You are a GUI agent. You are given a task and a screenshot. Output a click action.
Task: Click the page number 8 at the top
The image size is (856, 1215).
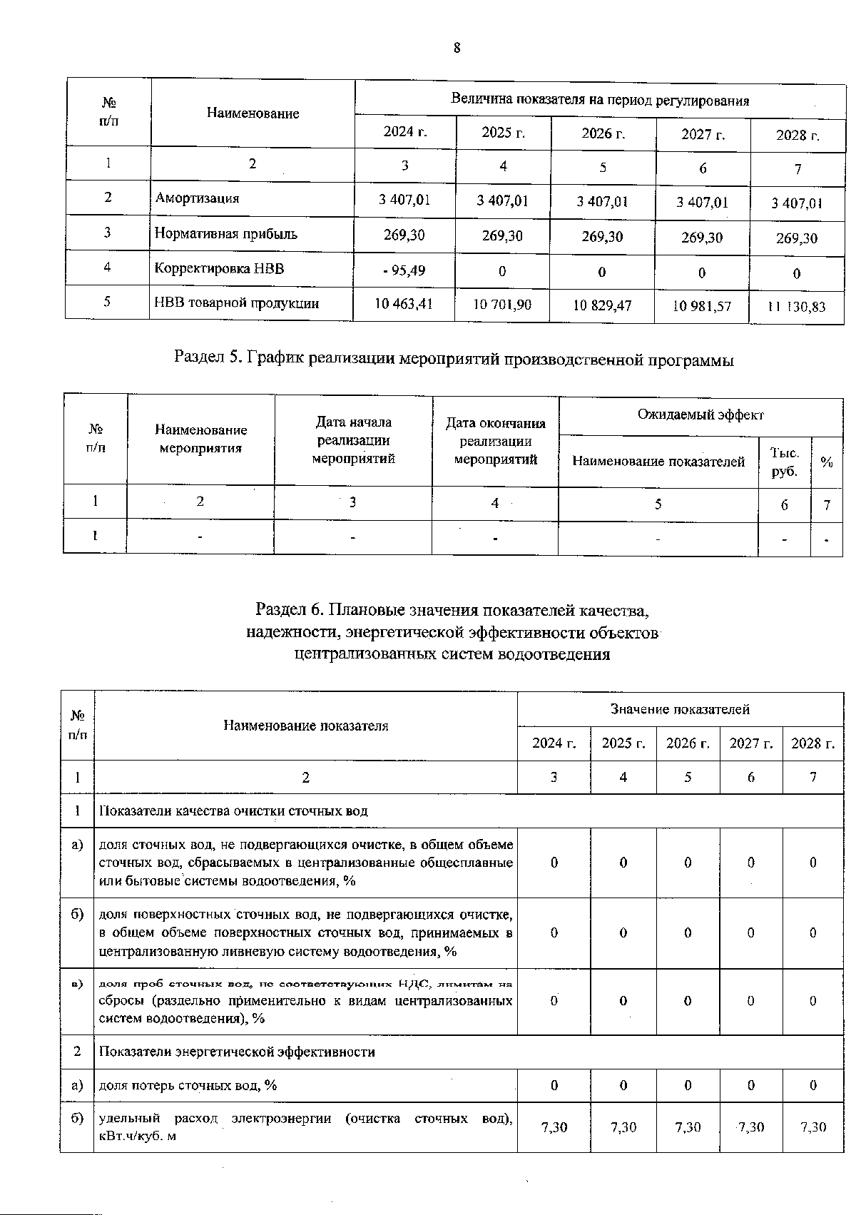tap(457, 49)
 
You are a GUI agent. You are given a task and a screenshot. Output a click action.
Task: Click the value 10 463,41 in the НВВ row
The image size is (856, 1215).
tap(404, 304)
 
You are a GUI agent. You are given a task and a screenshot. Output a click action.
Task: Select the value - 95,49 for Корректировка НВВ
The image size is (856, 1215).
tap(404, 270)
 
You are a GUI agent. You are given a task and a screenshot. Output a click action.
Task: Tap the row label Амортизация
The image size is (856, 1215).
tap(198, 198)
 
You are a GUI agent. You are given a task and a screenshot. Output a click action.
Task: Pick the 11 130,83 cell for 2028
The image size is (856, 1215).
tap(796, 307)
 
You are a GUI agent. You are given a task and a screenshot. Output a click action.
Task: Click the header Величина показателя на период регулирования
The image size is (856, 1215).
tap(599, 101)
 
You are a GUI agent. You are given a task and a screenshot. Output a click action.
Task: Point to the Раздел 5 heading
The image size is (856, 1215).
tap(454, 359)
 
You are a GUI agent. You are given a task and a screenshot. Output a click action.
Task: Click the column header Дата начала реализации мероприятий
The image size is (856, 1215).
tap(353, 440)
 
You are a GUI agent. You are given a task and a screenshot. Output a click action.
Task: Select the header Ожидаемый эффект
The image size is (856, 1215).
tap(700, 415)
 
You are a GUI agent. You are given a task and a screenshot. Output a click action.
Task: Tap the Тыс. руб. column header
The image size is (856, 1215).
tap(784, 462)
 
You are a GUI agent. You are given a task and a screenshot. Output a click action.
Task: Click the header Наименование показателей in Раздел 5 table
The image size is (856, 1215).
tap(658, 462)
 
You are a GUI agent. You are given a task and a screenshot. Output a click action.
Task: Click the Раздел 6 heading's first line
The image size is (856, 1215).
tap(452, 610)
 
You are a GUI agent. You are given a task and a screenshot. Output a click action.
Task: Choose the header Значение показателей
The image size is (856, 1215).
tap(679, 709)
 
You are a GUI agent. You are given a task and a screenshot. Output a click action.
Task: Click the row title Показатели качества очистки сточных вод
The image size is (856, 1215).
tap(233, 811)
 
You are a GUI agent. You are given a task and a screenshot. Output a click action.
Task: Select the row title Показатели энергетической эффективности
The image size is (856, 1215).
tap(237, 1052)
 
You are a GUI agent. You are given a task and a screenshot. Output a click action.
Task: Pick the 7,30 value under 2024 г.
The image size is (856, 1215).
tap(554, 1127)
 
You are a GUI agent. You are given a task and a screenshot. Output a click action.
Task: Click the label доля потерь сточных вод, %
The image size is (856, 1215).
tap(188, 1085)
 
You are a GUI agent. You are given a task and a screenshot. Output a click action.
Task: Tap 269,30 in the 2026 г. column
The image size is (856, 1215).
tap(602, 236)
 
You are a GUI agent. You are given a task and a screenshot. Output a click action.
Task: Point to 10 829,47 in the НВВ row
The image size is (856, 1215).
tap(602, 305)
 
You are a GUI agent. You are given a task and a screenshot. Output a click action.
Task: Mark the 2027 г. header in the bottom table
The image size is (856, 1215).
tap(750, 743)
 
